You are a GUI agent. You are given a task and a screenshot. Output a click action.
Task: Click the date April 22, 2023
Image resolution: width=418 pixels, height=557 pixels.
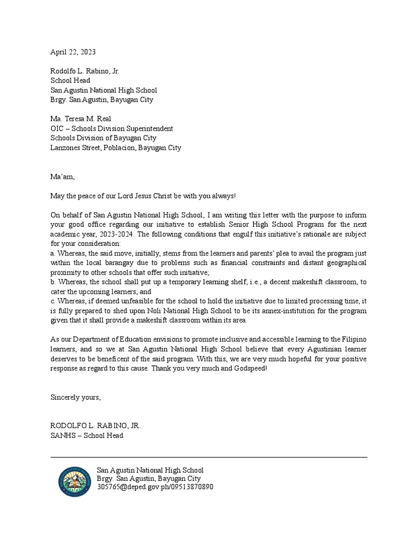click(73, 52)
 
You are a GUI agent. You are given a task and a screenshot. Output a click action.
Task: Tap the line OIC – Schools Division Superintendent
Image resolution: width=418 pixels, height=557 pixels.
click(112, 129)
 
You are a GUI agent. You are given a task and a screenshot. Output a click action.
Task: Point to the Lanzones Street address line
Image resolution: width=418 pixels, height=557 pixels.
click(115, 148)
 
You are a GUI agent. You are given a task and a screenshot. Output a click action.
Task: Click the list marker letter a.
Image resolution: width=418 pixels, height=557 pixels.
click(52, 253)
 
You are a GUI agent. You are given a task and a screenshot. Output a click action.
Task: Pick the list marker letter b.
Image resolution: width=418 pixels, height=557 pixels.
click(52, 282)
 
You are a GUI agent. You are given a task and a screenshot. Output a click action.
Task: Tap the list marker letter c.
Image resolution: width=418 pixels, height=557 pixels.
click(52, 301)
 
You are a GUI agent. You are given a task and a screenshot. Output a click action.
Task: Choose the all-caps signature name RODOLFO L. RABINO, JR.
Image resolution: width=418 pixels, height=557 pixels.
click(95, 426)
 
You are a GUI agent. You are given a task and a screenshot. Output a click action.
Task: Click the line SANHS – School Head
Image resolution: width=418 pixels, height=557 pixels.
click(87, 436)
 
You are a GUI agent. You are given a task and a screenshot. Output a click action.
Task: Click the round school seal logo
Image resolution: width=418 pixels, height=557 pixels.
click(76, 481)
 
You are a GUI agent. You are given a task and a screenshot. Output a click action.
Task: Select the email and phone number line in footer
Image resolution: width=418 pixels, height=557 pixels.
click(155, 487)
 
